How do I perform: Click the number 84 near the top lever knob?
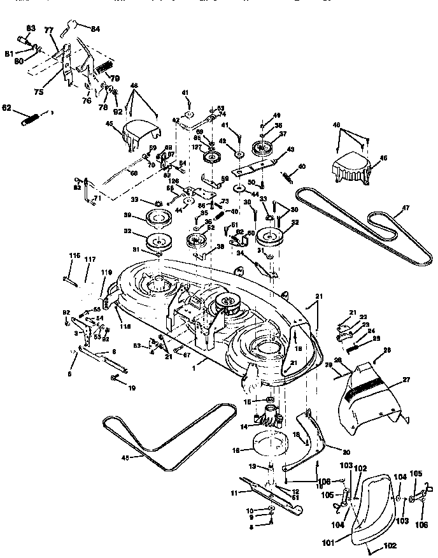[x=95, y=29]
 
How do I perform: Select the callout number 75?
[x=39, y=92]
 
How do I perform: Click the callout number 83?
[x=31, y=28]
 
